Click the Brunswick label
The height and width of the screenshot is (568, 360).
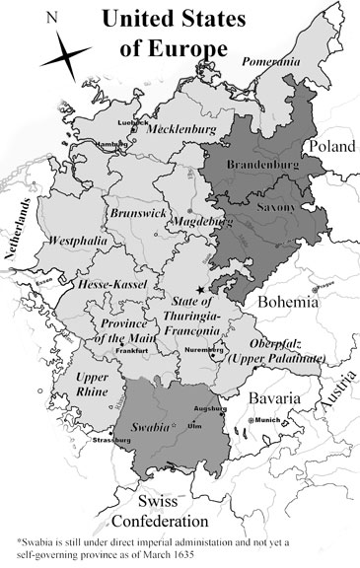coord(132,212)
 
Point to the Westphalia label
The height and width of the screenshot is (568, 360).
coord(75,240)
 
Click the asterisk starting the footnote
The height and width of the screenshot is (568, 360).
coord(20,541)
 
